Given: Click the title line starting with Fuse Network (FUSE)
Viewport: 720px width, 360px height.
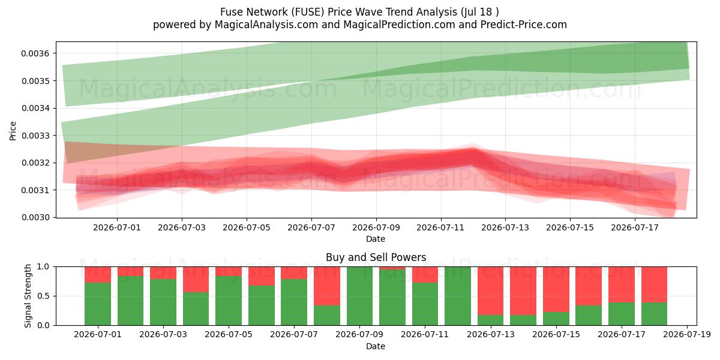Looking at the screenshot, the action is tap(359, 12).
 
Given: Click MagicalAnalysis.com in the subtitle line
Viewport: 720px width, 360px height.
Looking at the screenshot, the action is tap(266, 25).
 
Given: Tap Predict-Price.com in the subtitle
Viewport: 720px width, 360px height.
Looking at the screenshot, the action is tap(524, 25).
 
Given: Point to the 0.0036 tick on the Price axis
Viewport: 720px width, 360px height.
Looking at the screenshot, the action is tap(35, 53).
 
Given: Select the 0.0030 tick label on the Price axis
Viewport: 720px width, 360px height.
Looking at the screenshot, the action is tap(35, 218).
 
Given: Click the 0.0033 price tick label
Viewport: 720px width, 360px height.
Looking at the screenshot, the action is tap(35, 136).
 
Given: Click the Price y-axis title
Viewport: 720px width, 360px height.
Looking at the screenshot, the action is tap(13, 131).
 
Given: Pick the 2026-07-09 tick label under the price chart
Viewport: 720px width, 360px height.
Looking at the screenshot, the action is tap(376, 227).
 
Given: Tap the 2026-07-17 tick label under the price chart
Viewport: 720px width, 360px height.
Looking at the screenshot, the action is tap(635, 227).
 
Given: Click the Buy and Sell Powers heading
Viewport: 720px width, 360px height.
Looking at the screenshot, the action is tap(376, 257).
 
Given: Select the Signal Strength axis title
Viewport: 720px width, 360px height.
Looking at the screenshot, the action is tap(28, 296).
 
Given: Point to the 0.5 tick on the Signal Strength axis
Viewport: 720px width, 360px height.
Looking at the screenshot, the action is tap(43, 296).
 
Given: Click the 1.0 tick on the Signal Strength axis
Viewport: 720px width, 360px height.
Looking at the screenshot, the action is tap(43, 267).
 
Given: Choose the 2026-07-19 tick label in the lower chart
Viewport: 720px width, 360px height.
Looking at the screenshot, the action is tap(687, 335).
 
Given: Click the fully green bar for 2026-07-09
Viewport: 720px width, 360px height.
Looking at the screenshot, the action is tap(359, 296).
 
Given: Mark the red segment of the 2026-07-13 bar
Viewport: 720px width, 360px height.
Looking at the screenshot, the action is tap(491, 291).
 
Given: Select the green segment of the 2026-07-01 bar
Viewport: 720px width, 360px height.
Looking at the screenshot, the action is tap(98, 304).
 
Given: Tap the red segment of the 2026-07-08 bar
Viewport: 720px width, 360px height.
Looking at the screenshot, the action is tap(327, 286).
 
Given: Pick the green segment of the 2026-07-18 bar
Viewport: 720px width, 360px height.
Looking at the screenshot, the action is tap(654, 314).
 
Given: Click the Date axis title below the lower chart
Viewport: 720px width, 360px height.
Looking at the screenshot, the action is tap(376, 346).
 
